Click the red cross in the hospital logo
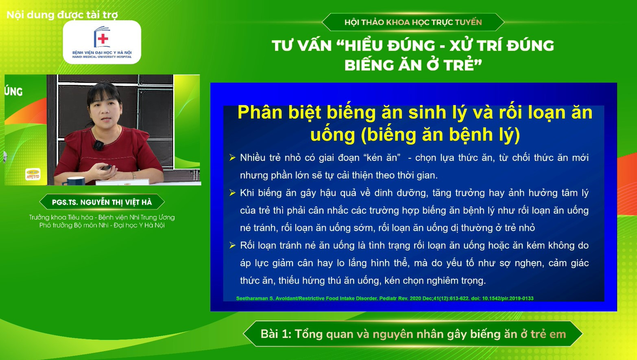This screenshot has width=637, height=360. point(103,39)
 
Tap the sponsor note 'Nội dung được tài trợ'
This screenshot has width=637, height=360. point(62,15)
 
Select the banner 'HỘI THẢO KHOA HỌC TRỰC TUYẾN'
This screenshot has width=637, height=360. point(413,22)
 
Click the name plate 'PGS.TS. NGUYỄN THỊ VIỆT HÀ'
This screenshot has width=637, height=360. point(102,202)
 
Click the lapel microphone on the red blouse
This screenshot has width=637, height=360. point(98,144)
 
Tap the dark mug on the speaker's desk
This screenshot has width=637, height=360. point(76,181)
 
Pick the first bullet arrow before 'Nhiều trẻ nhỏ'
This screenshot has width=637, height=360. point(232,157)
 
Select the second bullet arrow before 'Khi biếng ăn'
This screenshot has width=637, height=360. point(232,193)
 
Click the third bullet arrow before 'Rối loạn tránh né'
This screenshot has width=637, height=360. point(232,245)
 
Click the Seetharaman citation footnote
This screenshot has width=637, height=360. point(384,299)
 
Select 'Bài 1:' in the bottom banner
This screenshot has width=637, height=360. point(276,334)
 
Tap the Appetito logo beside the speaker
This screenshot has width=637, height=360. point(33,174)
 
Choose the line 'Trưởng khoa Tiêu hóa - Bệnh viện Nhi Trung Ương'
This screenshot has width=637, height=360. point(102,217)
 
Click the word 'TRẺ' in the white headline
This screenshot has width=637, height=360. point(458,65)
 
